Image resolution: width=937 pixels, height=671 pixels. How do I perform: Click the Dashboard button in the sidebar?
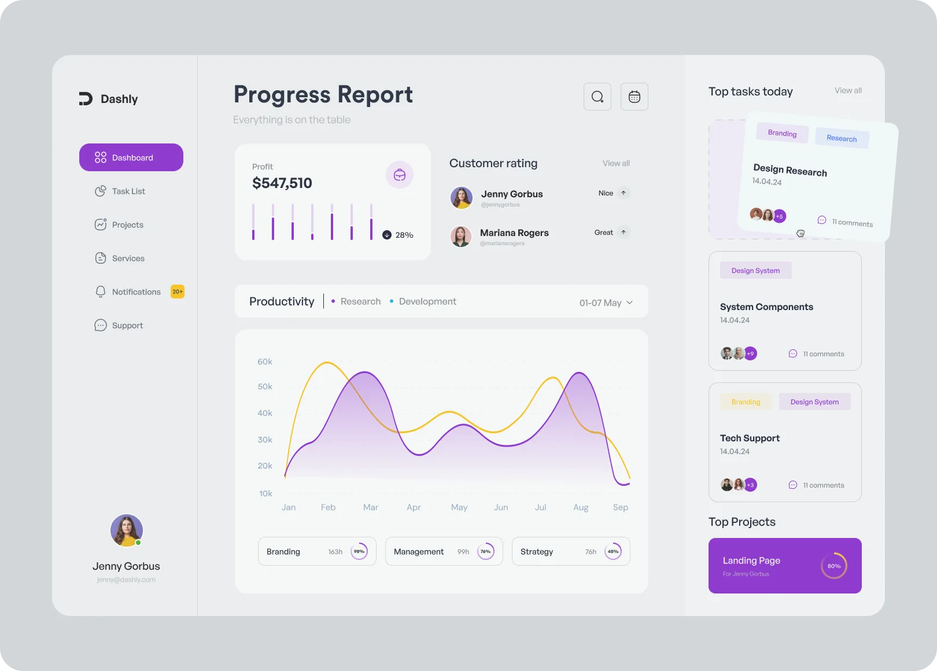tap(131, 157)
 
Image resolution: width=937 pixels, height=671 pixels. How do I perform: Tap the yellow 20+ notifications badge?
tap(178, 292)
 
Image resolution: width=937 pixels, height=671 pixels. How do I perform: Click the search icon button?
tap(597, 97)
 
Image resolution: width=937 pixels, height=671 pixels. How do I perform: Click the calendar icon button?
tap(634, 97)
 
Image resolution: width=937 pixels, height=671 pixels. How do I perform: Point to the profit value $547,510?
tap(282, 183)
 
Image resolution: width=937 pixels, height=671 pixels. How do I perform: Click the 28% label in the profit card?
tap(404, 235)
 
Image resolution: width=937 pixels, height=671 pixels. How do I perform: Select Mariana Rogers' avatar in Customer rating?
tap(461, 236)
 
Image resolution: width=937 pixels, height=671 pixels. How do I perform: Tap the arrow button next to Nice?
tap(624, 193)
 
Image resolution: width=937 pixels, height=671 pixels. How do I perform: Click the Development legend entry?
tap(427, 301)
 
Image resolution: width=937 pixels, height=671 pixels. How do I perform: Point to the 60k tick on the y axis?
tap(265, 362)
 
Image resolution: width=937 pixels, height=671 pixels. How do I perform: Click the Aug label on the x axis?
tap(581, 507)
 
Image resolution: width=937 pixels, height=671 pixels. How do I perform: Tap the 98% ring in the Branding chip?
tap(359, 551)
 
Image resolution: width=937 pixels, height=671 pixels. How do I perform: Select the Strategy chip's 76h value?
tap(591, 552)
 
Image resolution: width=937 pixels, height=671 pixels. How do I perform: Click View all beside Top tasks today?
tap(848, 90)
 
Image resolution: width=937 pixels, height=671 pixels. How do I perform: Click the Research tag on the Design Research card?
tap(842, 138)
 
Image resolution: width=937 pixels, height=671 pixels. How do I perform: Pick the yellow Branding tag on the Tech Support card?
tap(746, 402)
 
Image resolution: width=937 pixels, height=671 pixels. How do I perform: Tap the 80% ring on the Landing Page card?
tap(834, 566)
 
